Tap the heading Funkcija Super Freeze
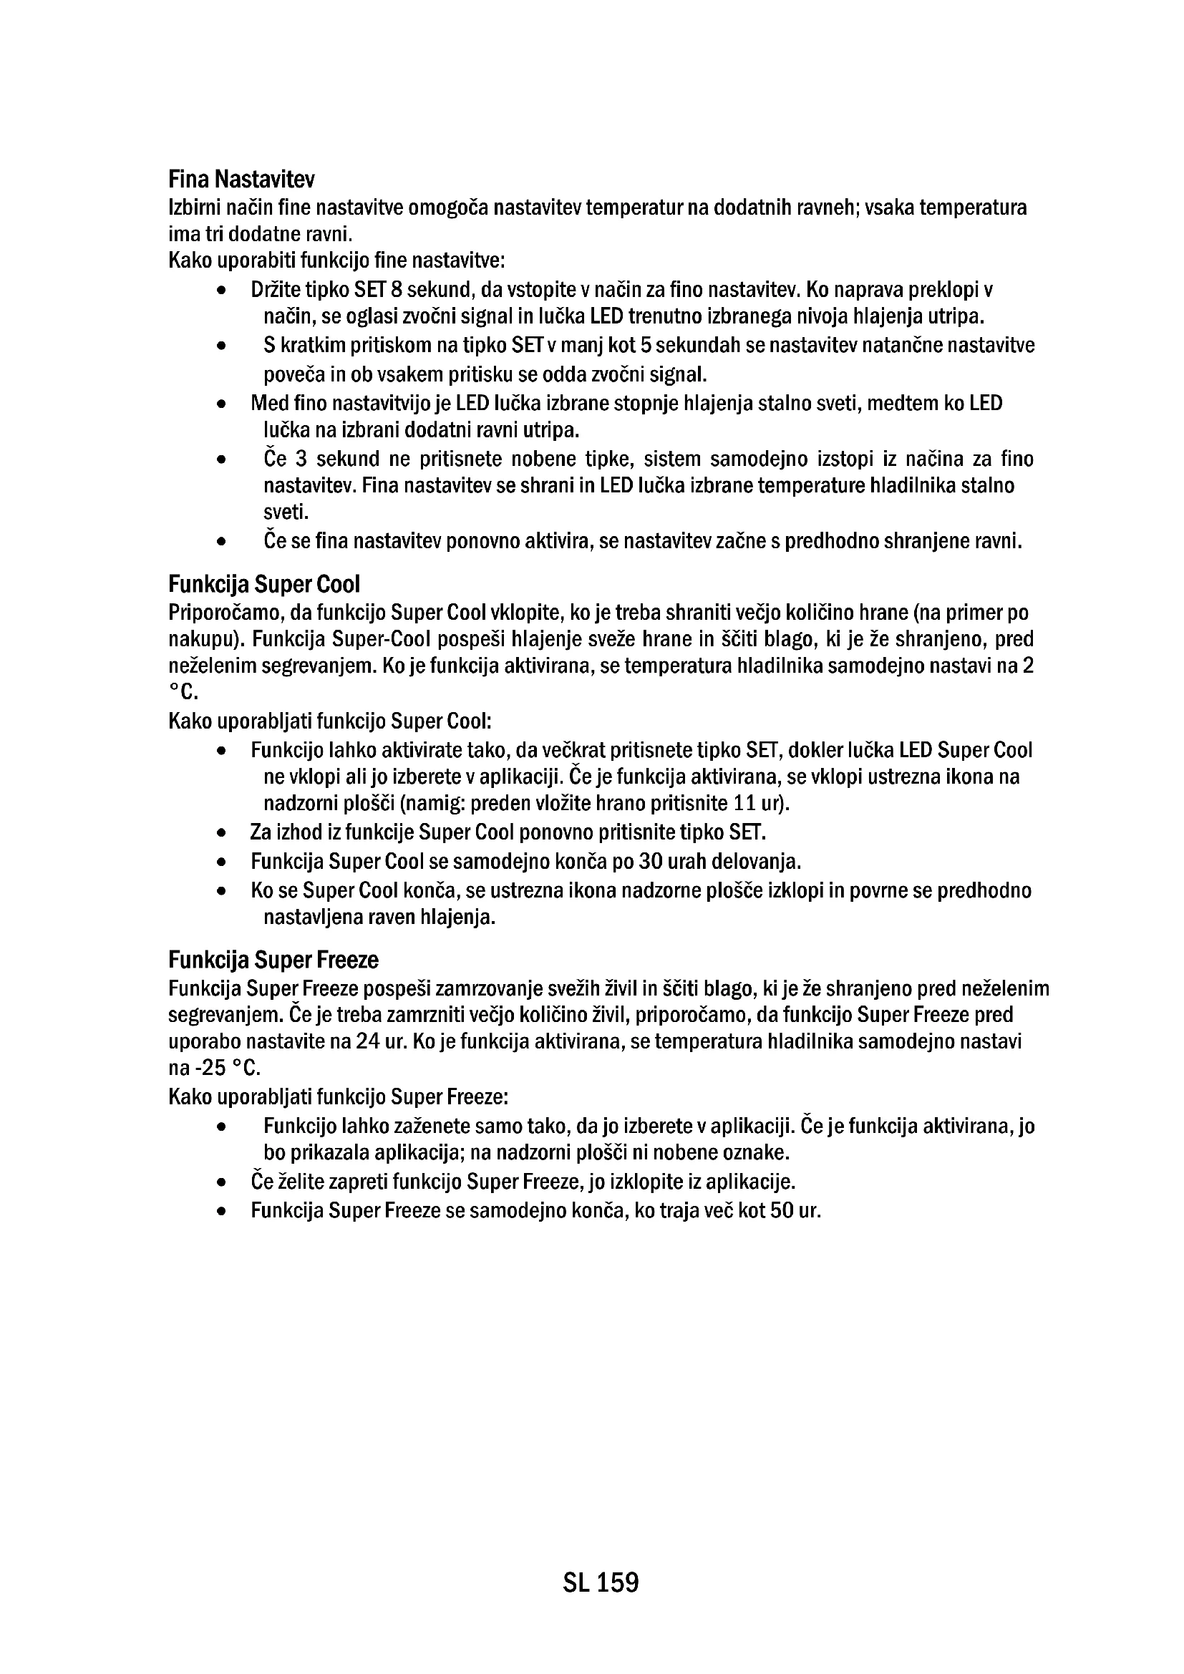click(273, 960)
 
